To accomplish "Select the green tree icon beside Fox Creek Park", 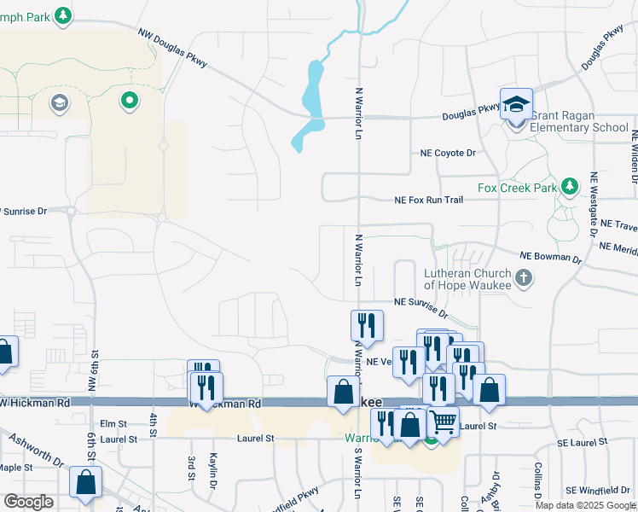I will pos(570,185).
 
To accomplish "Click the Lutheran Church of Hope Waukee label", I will pos(467,279).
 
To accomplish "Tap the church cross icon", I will pos(524,278).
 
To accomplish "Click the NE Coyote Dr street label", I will pos(447,153).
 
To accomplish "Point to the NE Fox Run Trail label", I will pos(428,201).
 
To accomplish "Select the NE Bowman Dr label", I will pos(550,255).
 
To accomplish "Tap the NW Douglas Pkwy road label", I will pos(173,49).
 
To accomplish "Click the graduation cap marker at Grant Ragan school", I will pos(516,104).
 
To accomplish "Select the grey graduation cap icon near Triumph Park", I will pos(59,103).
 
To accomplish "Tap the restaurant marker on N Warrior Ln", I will pos(367,325).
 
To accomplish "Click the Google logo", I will pos(28,502).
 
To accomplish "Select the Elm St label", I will pos(113,423).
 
